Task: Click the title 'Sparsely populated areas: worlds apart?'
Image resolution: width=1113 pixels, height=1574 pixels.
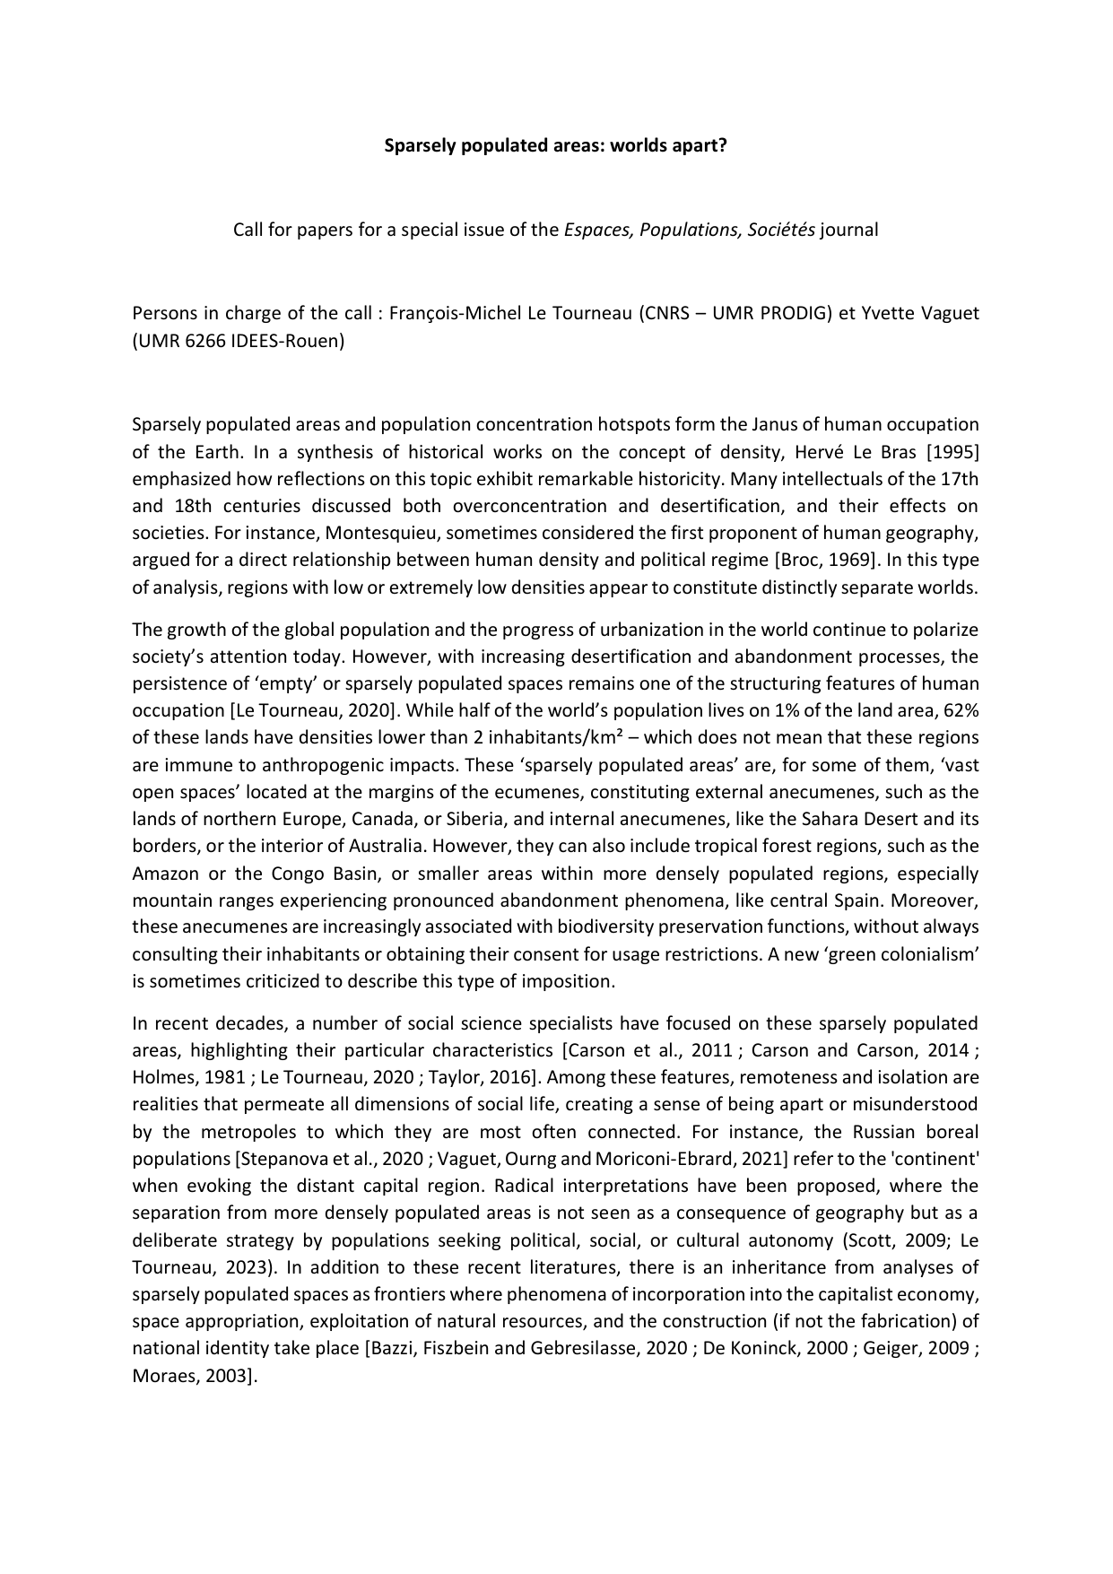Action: click(555, 145)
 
